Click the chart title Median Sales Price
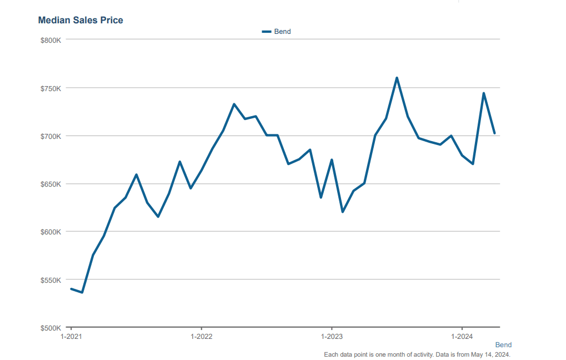[81, 20]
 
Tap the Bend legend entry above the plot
[277, 32]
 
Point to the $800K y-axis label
[51, 40]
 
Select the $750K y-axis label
[51, 88]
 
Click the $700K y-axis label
[51, 136]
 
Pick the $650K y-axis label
[51, 184]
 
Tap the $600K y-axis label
[51, 232]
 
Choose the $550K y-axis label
[51, 280]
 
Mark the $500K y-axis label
[51, 328]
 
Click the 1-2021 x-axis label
[71, 337]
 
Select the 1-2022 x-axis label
[202, 337]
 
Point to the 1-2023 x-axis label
[332, 337]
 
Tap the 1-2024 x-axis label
[462, 337]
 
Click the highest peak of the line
[397, 78]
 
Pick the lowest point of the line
[82, 292]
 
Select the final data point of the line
[494, 133]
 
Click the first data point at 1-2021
[71, 289]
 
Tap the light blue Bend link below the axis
[503, 345]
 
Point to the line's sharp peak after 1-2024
[484, 93]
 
